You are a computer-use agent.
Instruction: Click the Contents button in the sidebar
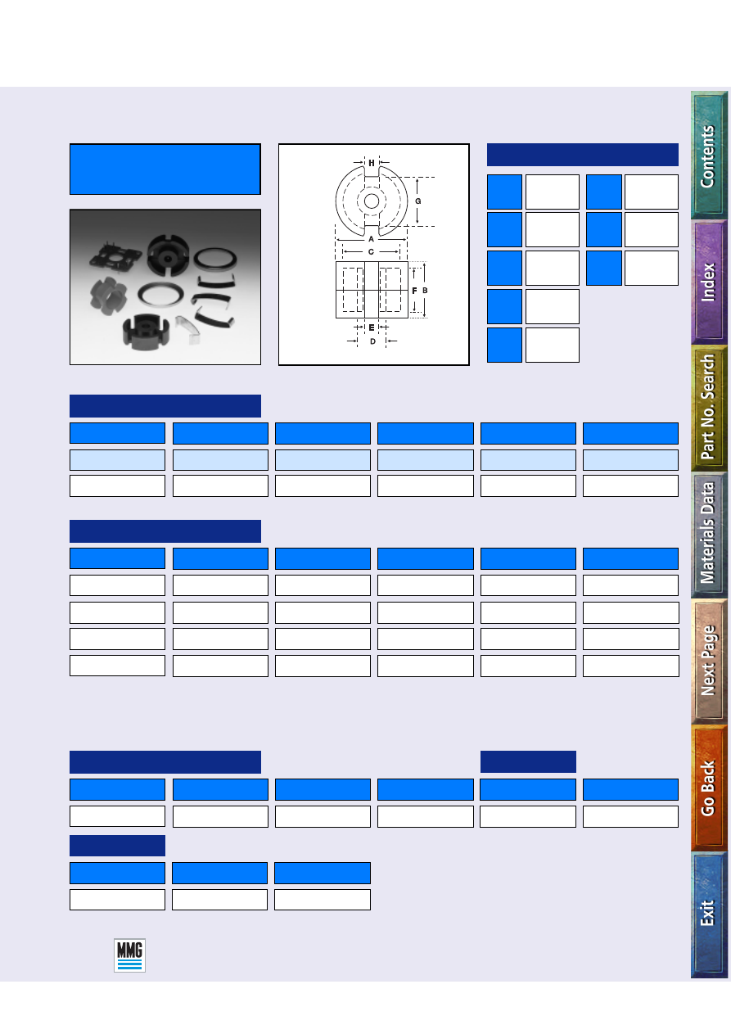coord(709,155)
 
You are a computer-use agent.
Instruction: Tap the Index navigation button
coord(709,282)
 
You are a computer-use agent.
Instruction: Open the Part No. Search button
coord(709,408)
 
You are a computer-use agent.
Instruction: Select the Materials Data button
coord(709,535)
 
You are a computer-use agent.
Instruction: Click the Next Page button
coord(709,661)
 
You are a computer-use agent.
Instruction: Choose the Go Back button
coord(709,788)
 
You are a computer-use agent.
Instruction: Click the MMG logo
coord(129,955)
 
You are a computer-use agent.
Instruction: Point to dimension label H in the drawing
coord(372,163)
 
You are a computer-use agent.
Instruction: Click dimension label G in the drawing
coord(418,201)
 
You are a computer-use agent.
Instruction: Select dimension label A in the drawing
coord(371,239)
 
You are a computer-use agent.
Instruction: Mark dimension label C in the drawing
coord(371,252)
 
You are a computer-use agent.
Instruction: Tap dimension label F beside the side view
coord(414,291)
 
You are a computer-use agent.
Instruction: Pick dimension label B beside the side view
coord(425,291)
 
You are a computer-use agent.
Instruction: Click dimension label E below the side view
coord(372,327)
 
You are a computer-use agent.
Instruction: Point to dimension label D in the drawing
coord(372,341)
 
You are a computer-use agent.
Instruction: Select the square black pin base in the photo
coord(115,255)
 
